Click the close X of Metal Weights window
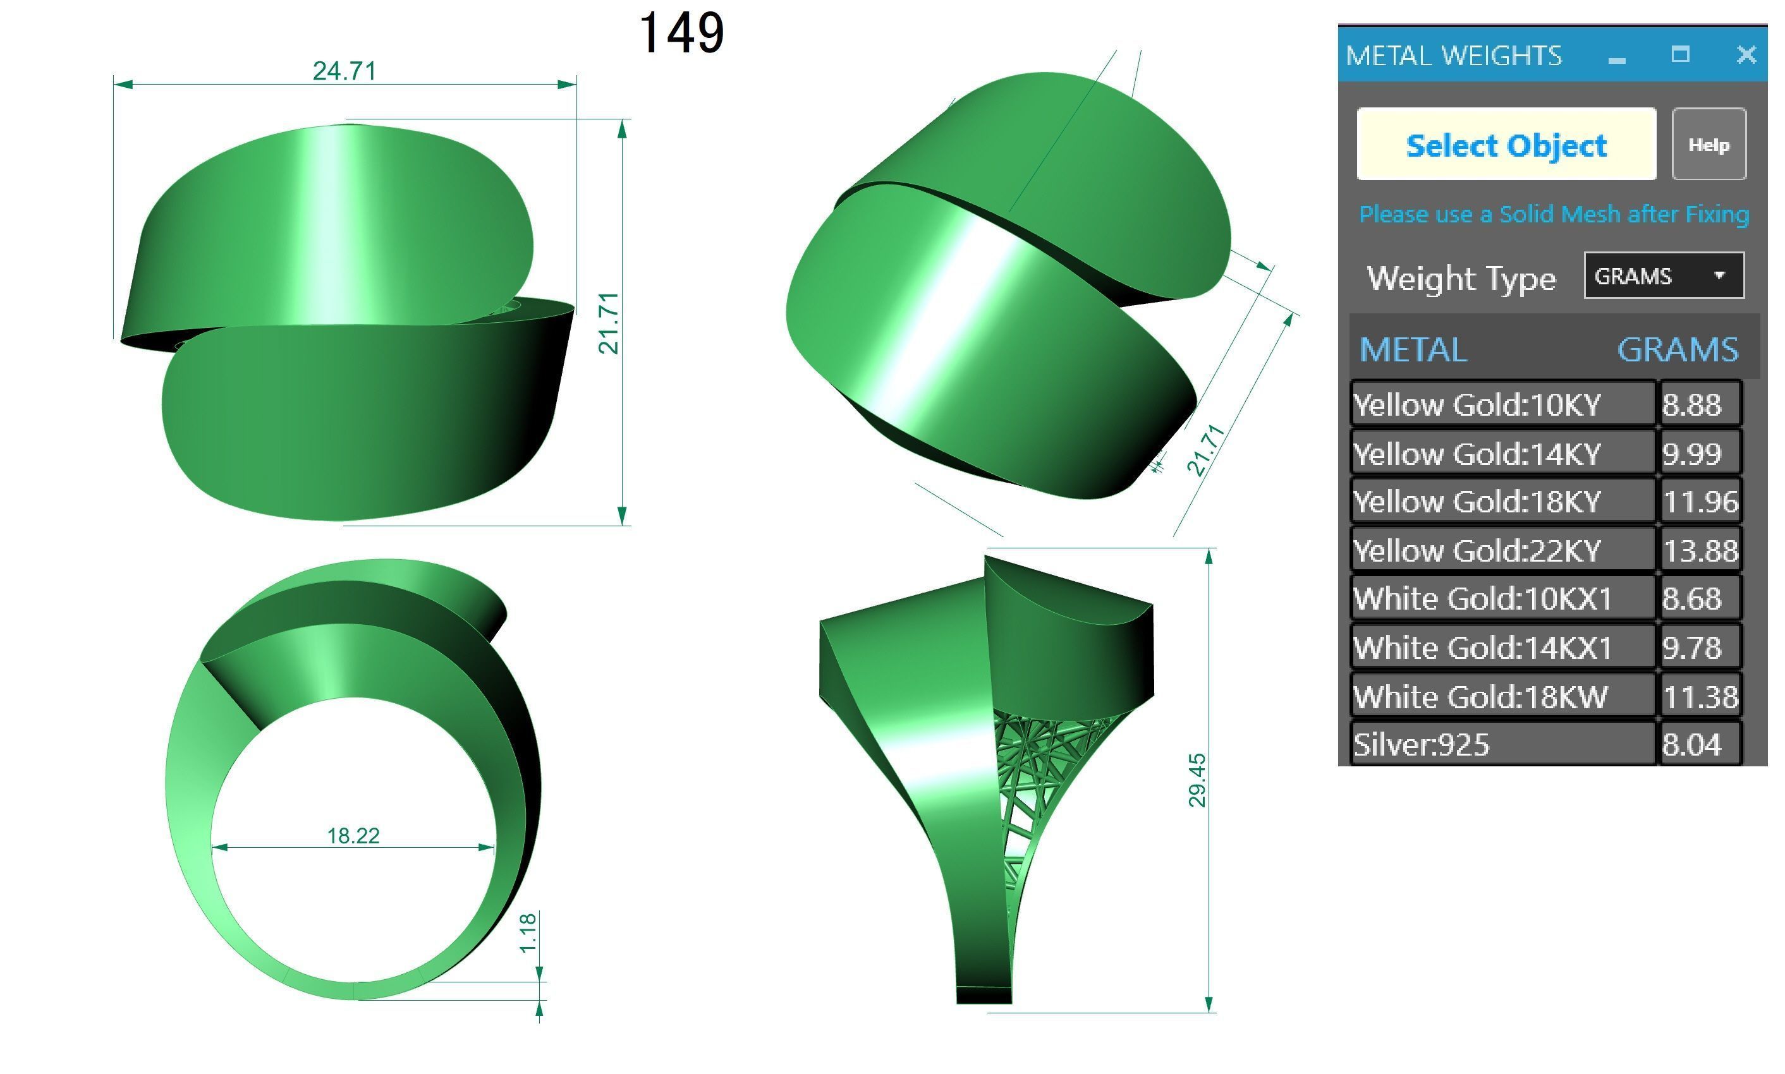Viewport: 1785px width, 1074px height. pos(1745,54)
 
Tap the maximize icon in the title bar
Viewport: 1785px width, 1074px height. pos(1679,54)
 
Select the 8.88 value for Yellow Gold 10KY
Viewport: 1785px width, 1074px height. pos(1698,404)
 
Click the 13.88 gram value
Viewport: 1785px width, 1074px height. pos(1699,551)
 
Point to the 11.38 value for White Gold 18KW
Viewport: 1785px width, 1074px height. pos(1699,697)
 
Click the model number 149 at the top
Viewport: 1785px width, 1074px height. pos(680,33)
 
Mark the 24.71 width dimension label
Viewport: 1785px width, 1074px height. pos(344,71)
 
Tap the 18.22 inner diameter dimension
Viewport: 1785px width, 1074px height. pos(353,836)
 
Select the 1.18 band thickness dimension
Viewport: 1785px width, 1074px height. pos(528,933)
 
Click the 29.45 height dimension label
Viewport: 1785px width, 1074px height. pos(1197,780)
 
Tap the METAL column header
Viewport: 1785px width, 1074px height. pos(1412,350)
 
